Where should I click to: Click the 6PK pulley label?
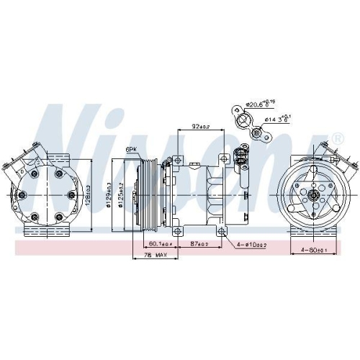pos(131,150)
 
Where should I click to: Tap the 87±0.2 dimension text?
pos(199,244)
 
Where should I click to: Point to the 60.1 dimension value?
pos(153,244)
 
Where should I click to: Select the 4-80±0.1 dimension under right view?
pos(314,251)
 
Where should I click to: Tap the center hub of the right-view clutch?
pos(314,194)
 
